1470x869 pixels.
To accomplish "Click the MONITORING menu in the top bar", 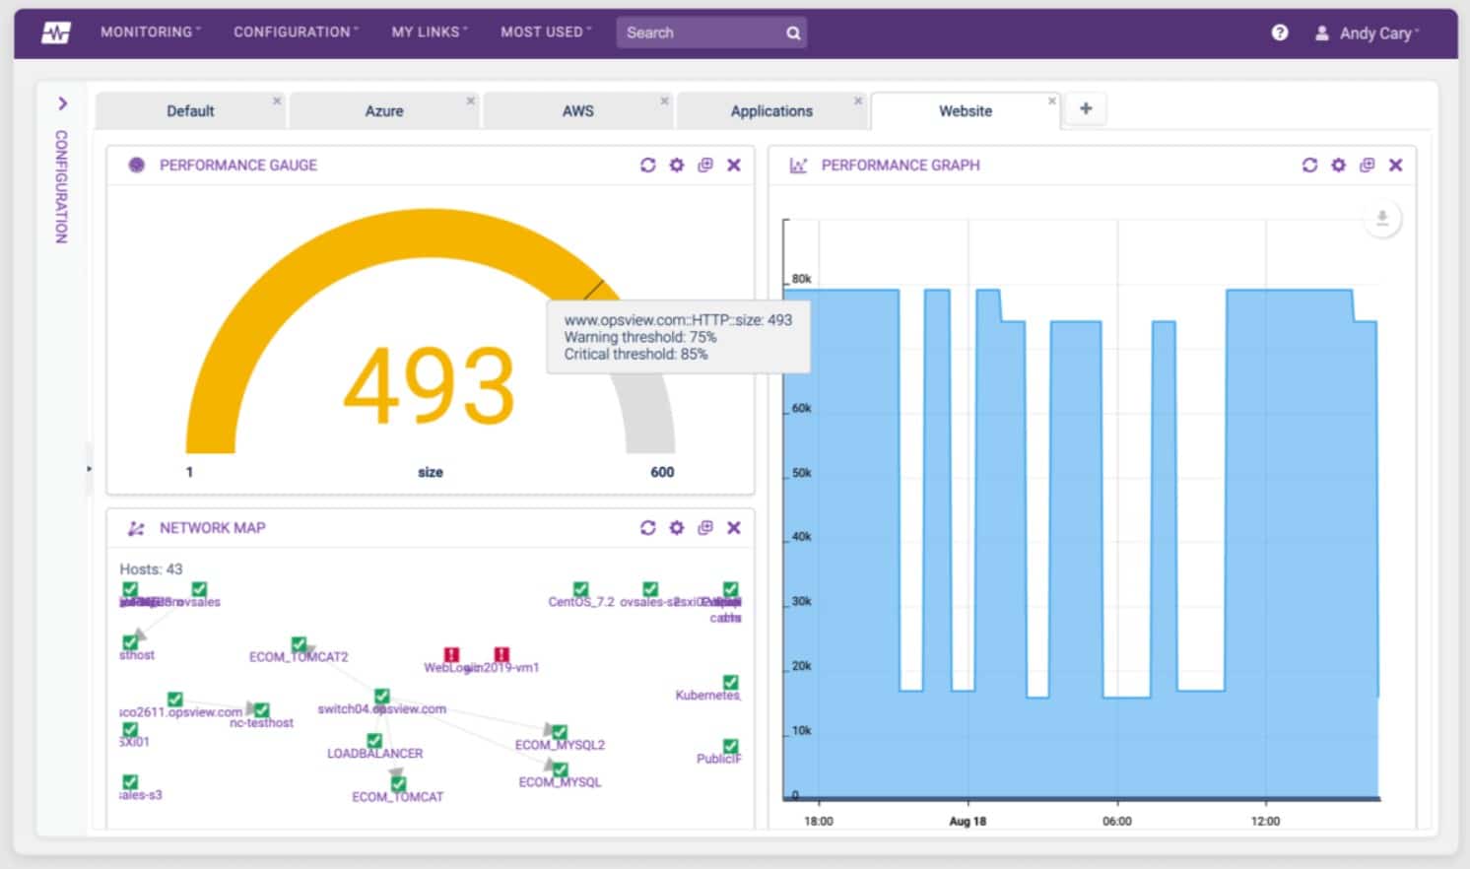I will [149, 33].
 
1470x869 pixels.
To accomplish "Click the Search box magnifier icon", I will [793, 33].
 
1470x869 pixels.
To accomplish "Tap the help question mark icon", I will [1280, 33].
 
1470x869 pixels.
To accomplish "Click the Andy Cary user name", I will [1375, 33].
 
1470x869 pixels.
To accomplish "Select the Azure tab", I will [384, 111].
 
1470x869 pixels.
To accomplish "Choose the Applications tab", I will [771, 111].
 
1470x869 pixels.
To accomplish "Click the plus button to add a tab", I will [1086, 109].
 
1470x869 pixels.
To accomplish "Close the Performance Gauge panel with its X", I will [734, 166].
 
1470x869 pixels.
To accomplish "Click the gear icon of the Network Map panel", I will [677, 528].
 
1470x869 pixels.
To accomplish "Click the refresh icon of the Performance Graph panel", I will [1309, 166].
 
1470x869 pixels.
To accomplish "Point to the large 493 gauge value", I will [430, 386].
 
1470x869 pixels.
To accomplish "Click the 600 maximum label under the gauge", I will [662, 472].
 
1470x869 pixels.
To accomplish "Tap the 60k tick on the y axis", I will [802, 408].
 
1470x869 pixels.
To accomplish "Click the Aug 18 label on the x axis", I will [968, 821].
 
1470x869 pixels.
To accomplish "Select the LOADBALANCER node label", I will [374, 754].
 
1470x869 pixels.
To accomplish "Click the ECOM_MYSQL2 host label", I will [560, 745].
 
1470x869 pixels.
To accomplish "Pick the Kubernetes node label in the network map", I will [707, 696].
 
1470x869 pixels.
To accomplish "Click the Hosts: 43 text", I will [151, 569].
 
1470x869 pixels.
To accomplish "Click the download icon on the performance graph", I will [1382, 218].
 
